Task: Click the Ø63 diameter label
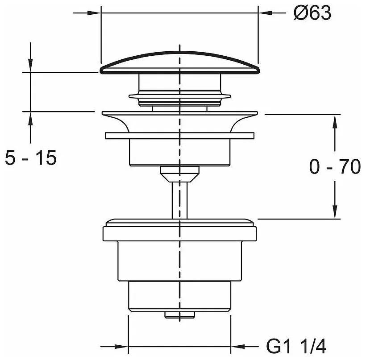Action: (x=312, y=13)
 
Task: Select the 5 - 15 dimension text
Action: (x=31, y=158)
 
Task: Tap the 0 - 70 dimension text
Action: (x=335, y=166)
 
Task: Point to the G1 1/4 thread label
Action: (x=296, y=347)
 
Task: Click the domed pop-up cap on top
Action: (x=180, y=62)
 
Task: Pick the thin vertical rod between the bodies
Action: (x=180, y=200)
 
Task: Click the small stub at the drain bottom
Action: (x=179, y=315)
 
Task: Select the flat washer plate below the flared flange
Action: (x=180, y=136)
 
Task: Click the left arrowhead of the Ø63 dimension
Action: (x=94, y=13)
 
